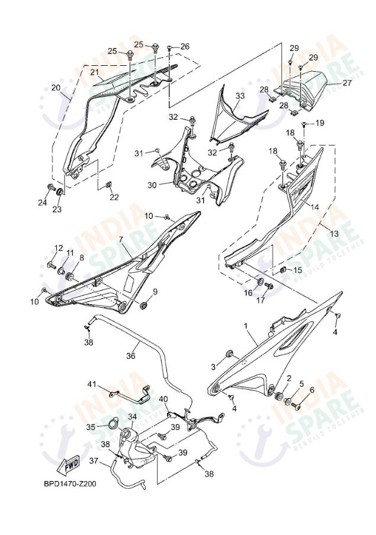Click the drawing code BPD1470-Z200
(70, 483)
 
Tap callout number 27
(347, 83)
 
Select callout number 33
(239, 95)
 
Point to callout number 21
(94, 72)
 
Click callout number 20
(56, 88)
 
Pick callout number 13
(335, 234)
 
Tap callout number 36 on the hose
(131, 356)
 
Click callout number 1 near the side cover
(246, 326)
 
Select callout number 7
(121, 240)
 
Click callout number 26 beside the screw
(185, 46)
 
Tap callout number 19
(320, 123)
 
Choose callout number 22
(114, 198)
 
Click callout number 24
(42, 203)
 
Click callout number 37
(94, 460)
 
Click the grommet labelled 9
(143, 305)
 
